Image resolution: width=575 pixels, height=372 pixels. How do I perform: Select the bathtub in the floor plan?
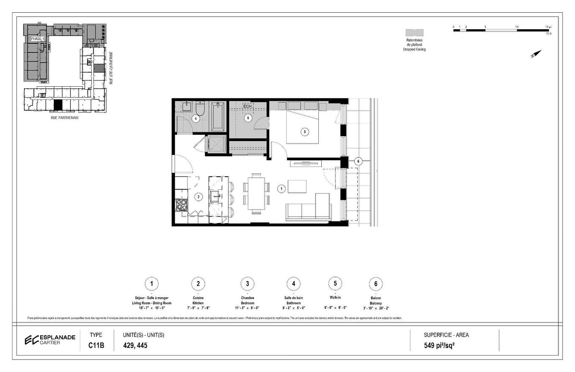click(x=218, y=116)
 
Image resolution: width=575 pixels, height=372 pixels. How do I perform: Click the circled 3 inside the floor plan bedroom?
click(x=304, y=132)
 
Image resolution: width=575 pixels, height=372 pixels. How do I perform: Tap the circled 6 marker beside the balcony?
click(x=358, y=161)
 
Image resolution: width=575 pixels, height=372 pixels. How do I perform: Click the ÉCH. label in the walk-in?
click(x=247, y=106)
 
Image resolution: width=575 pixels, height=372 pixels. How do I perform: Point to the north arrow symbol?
click(x=536, y=54)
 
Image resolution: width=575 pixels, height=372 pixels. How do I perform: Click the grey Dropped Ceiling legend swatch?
click(x=414, y=33)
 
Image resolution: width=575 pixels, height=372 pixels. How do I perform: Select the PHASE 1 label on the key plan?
click(x=37, y=39)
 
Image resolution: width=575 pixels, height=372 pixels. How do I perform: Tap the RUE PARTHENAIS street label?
click(x=64, y=118)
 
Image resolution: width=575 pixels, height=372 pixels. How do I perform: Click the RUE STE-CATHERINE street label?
click(x=111, y=68)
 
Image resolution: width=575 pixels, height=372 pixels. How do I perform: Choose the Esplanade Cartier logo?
click(x=50, y=339)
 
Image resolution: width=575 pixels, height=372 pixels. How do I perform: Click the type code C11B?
click(x=96, y=345)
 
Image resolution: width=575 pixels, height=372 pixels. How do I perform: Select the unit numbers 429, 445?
click(x=135, y=345)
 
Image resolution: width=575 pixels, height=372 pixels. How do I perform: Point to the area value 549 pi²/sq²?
click(x=442, y=345)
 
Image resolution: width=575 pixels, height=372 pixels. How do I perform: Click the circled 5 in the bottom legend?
click(x=335, y=284)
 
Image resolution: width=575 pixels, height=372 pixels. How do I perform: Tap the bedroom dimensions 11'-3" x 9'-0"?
click(x=247, y=308)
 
